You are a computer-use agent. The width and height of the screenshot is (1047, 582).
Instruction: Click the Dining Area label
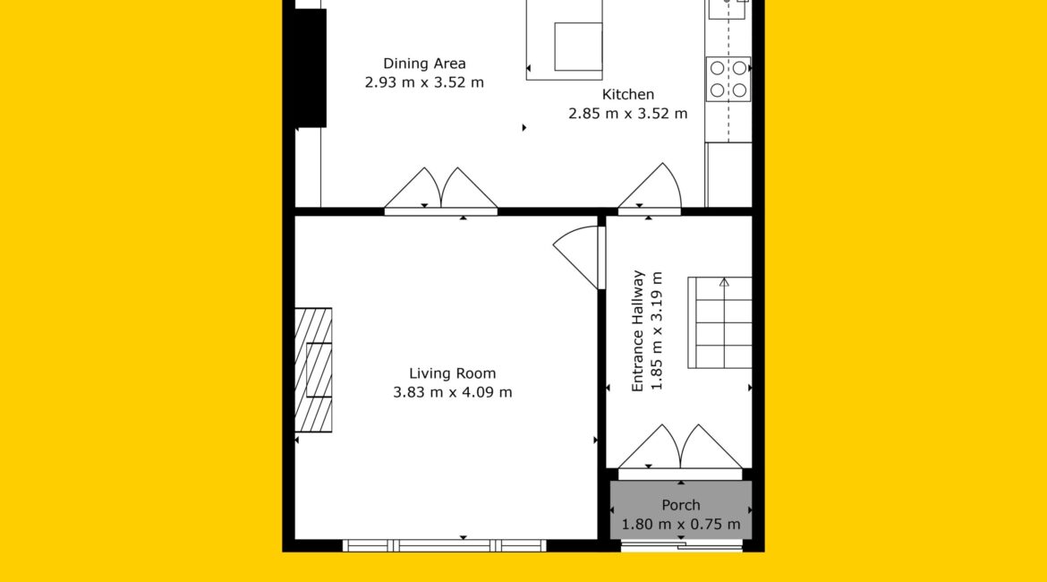[424, 64]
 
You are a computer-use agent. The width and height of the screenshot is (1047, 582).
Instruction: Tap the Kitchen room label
[627, 94]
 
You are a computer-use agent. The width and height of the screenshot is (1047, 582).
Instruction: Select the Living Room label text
[452, 373]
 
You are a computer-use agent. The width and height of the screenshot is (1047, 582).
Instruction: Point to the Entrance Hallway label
[638, 330]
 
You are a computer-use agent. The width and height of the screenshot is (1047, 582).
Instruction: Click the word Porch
[680, 505]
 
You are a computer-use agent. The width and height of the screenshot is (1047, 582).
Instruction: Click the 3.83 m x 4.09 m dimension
[452, 392]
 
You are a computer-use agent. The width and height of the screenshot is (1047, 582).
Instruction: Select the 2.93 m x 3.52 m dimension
[424, 82]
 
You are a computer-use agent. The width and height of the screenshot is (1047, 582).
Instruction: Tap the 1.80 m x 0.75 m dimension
[680, 525]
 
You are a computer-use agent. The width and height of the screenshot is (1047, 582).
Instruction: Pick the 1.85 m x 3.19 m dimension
[657, 330]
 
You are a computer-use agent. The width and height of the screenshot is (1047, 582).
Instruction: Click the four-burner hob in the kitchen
[728, 79]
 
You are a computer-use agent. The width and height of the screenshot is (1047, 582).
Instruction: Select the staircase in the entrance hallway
[719, 322]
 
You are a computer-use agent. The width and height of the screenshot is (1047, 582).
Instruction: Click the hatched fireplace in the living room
[313, 370]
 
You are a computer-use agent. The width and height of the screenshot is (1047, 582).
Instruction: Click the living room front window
[445, 546]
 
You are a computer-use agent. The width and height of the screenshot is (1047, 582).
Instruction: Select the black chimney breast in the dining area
[311, 68]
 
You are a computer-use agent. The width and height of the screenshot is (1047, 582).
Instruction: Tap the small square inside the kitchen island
[578, 47]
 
